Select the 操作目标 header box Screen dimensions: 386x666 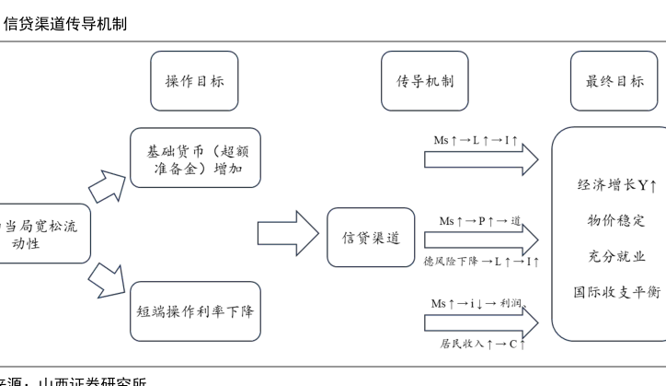[193, 81]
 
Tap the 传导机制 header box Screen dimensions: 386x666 [418, 81]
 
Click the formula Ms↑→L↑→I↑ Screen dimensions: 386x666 [476, 140]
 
